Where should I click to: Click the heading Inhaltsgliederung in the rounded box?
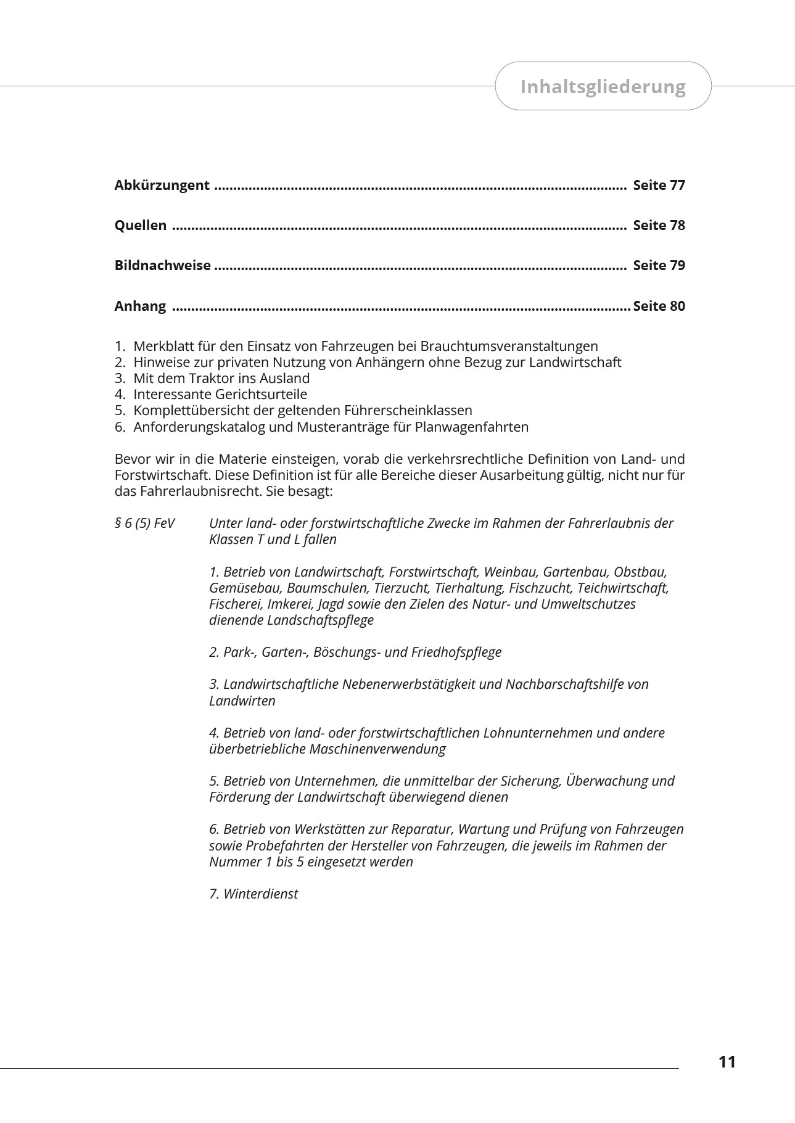tap(603, 86)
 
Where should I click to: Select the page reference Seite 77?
tap(659, 185)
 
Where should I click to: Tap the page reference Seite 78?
tap(659, 225)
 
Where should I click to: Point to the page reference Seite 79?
tap(659, 265)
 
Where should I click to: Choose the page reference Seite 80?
tap(659, 306)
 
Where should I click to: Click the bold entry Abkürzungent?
tap(162, 185)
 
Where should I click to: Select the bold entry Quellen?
tap(141, 225)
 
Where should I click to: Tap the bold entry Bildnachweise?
tap(163, 265)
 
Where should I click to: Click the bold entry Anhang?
tap(140, 306)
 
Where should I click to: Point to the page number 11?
tap(727, 1062)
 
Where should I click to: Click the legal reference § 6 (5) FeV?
tap(144, 523)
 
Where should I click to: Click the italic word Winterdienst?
tap(260, 894)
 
